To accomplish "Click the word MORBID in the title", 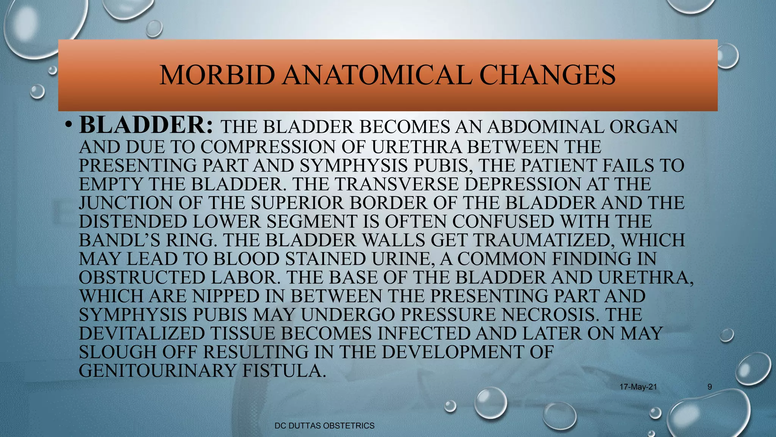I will click(217, 75).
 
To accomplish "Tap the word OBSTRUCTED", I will click(142, 278).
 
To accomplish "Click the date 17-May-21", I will click(638, 387).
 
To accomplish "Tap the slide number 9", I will click(710, 387).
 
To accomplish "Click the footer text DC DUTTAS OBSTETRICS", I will click(324, 426).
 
